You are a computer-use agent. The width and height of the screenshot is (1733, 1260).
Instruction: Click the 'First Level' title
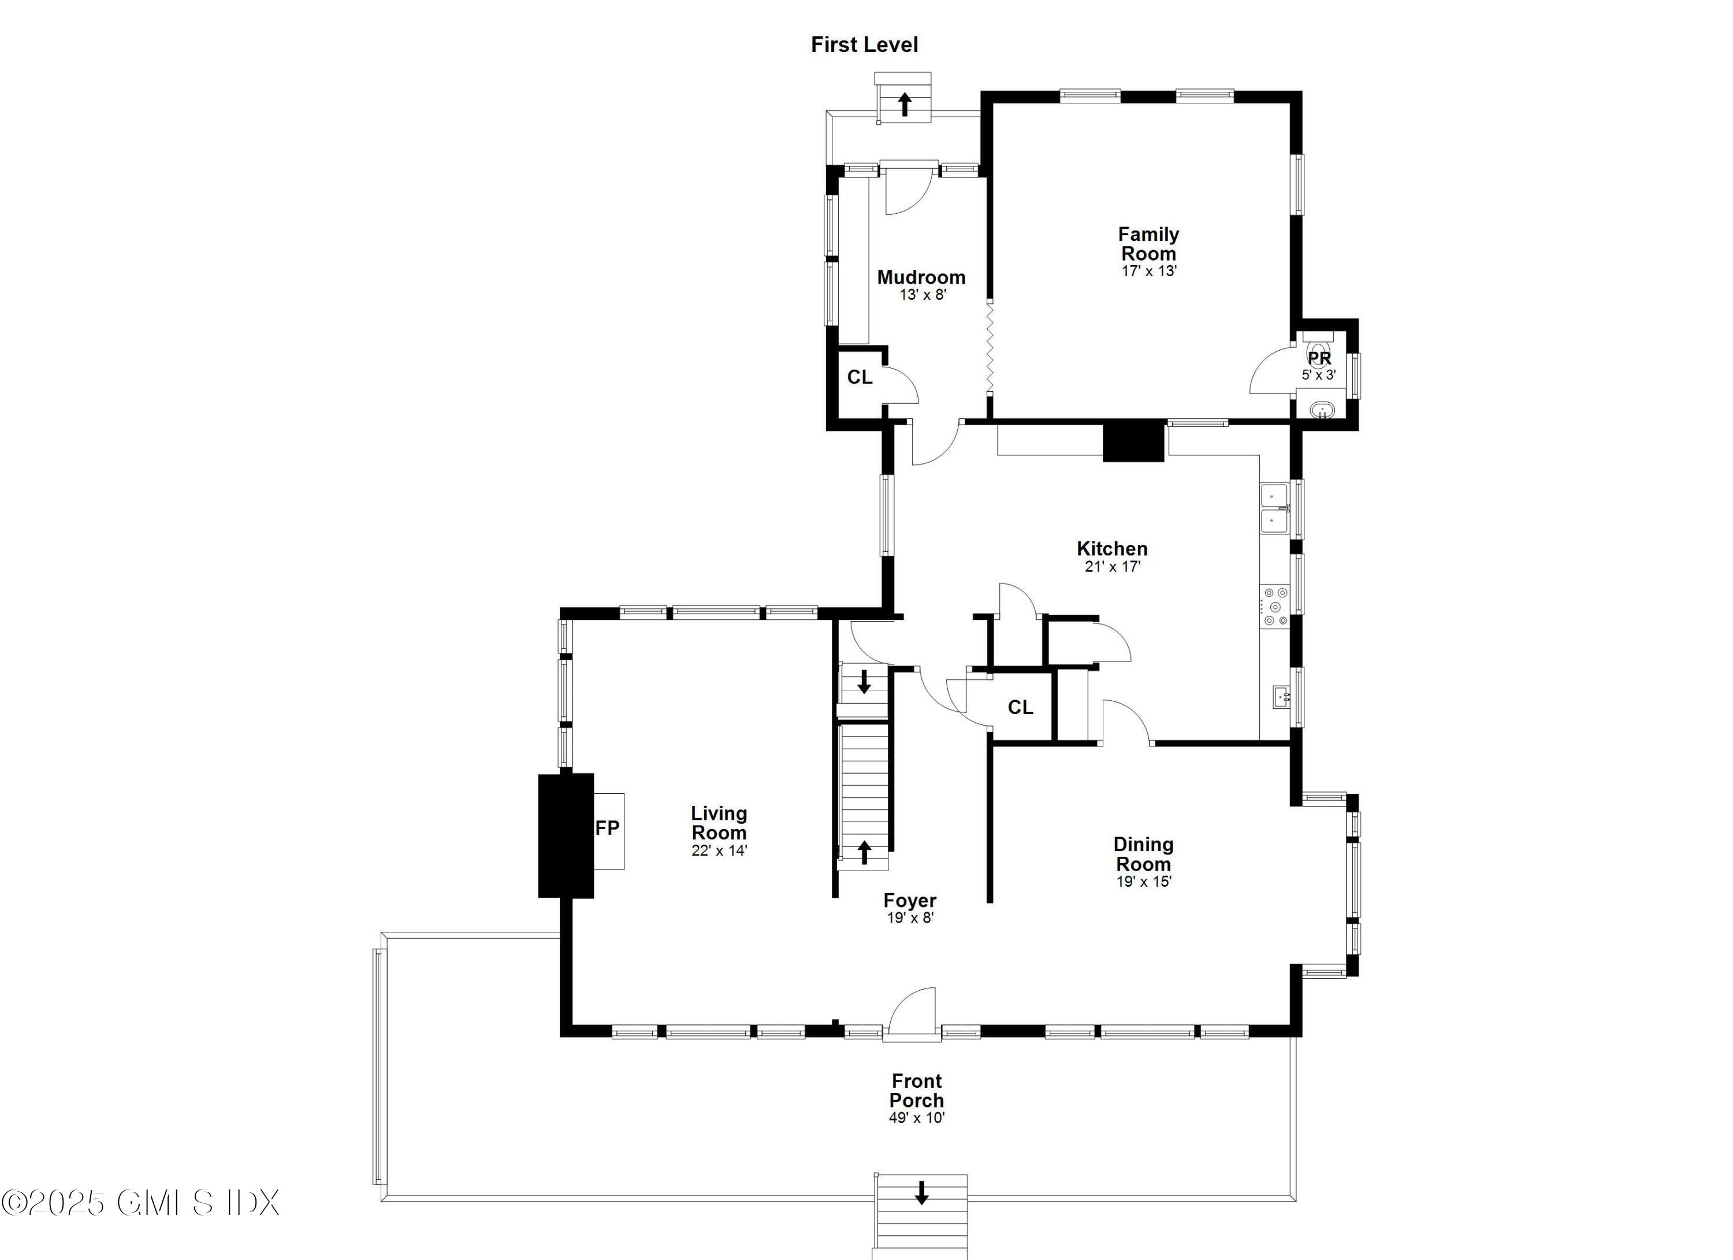click(864, 45)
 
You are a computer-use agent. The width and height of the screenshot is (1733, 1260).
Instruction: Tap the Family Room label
click(1148, 244)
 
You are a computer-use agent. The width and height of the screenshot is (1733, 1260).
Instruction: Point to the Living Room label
click(719, 823)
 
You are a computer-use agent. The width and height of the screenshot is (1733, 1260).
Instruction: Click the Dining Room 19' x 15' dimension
click(1143, 882)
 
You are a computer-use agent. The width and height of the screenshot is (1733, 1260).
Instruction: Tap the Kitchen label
click(1112, 549)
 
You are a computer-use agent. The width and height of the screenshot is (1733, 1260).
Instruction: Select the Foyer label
click(909, 900)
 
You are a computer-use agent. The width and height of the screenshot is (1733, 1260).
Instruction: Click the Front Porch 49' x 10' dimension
click(917, 1118)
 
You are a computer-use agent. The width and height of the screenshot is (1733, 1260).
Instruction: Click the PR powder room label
click(1319, 358)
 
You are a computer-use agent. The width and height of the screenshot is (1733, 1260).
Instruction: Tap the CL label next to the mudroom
click(860, 377)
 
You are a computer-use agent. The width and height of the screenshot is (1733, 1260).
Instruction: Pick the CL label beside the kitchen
click(1020, 708)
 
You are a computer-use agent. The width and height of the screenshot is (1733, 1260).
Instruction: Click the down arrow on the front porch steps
click(921, 1193)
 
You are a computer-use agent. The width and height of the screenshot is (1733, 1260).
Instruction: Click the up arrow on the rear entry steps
click(905, 104)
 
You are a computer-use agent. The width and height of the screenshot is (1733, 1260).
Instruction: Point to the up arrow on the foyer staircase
click(864, 851)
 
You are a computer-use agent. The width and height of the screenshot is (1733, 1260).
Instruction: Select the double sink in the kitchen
click(1274, 508)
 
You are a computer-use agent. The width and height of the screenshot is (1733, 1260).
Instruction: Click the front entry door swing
click(914, 1012)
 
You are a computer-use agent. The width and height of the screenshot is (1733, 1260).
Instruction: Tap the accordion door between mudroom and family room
click(990, 346)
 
